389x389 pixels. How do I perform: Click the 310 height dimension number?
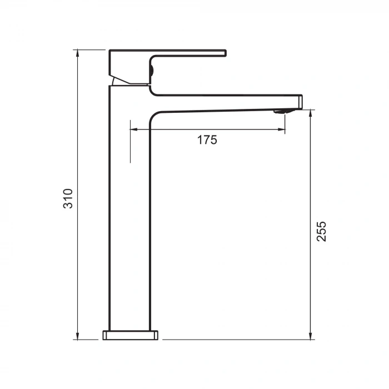click(x=68, y=198)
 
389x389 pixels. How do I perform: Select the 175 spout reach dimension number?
click(x=207, y=140)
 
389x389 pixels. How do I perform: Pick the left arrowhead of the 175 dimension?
click(x=133, y=129)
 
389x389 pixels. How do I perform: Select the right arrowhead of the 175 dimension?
click(x=281, y=129)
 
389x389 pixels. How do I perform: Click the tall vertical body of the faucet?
click(x=129, y=222)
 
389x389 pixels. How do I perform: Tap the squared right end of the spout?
click(x=298, y=102)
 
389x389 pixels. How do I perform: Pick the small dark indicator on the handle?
click(x=151, y=70)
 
